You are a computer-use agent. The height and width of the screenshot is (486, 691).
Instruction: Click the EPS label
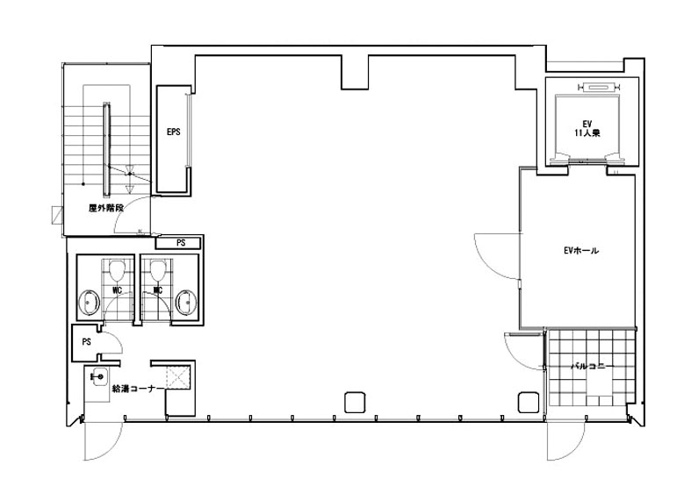tap(173, 132)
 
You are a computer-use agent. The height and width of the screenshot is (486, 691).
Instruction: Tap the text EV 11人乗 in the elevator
tap(587, 129)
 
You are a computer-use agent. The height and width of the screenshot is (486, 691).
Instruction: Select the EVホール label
tap(581, 251)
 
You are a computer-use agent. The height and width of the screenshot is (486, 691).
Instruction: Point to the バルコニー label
tap(593, 366)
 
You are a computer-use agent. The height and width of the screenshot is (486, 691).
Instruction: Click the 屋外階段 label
tap(106, 208)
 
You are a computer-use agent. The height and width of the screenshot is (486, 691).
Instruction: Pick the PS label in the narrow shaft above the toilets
tap(181, 242)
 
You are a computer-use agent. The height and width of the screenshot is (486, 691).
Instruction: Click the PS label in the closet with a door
tap(86, 341)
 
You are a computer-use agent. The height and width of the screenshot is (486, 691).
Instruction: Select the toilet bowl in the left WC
tap(117, 270)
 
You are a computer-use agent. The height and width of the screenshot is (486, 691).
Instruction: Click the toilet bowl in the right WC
tap(158, 270)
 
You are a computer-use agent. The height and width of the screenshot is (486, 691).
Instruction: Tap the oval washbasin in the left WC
tap(90, 303)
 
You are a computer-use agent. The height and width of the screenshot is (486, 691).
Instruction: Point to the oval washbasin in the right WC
tap(186, 303)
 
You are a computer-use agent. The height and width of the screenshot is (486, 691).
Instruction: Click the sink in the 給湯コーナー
tap(98, 377)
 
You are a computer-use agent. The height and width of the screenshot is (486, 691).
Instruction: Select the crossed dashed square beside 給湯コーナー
tap(178, 377)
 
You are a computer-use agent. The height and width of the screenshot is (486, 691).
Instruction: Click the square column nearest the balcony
tap(528, 402)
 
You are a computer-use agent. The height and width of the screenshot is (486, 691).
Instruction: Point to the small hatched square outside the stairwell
tap(58, 215)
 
